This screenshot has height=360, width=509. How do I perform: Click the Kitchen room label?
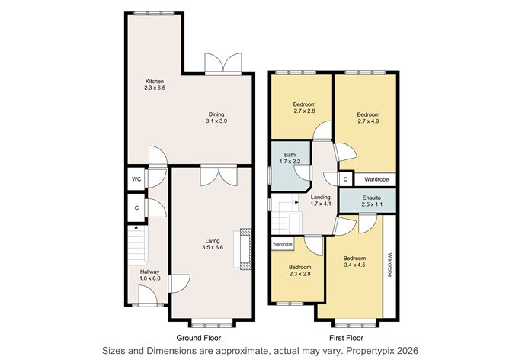pos(155,81)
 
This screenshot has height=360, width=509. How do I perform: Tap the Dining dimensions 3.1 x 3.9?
pos(216,121)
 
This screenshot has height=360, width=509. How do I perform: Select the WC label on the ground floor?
pos(136,179)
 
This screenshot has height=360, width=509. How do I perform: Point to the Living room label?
pos(213,241)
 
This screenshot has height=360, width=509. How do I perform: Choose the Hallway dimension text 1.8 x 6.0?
pos(149,278)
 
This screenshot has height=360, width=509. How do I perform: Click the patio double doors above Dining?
pos(223,64)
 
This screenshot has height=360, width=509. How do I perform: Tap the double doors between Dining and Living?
pos(219,175)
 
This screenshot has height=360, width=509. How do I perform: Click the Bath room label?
pos(290,155)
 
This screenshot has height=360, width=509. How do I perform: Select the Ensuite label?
pos(372,198)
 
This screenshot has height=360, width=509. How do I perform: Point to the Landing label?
pos(320,198)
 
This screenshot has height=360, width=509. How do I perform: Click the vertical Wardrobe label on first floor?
pos(390,265)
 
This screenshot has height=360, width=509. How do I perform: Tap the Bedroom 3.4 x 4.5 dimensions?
pos(354,265)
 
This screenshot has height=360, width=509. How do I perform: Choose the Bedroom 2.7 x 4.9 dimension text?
pos(368,121)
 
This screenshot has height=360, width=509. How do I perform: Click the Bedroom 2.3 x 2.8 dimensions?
pos(300,274)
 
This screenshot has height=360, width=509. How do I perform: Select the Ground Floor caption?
pos(199,338)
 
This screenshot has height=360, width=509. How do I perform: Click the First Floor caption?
pos(347,338)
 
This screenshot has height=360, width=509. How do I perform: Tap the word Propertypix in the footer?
pos(371,351)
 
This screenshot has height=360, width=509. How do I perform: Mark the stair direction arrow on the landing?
pos(296,202)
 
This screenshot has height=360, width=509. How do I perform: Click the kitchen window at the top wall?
pos(155,13)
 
